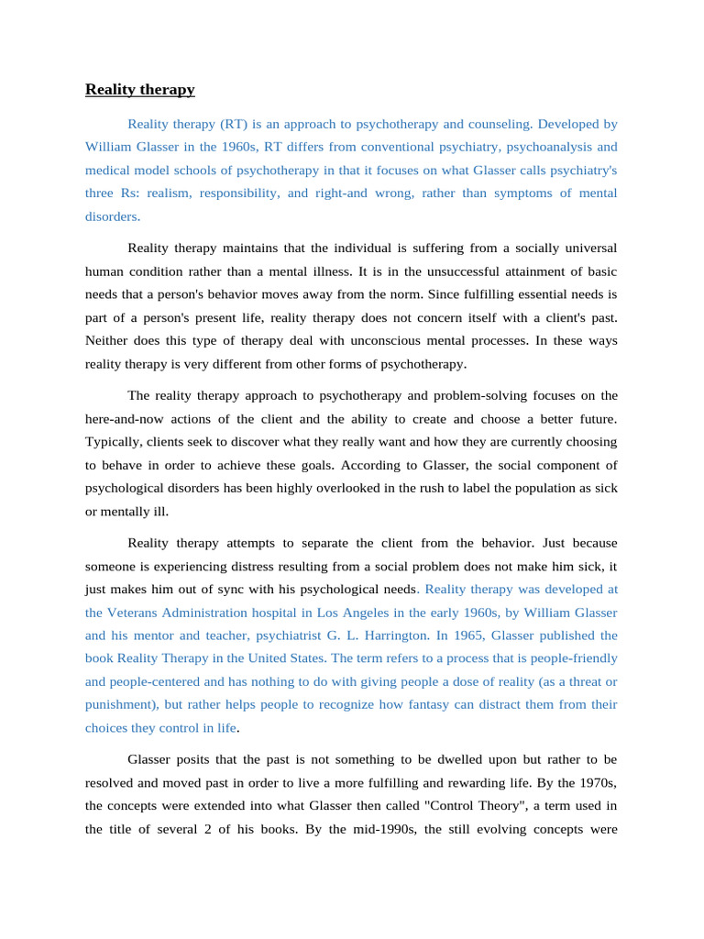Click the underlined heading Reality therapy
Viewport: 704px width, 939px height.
[x=139, y=90]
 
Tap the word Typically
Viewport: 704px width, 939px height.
[x=114, y=442]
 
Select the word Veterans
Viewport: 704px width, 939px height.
[x=138, y=613]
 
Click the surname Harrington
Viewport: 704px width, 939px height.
[x=391, y=635]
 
